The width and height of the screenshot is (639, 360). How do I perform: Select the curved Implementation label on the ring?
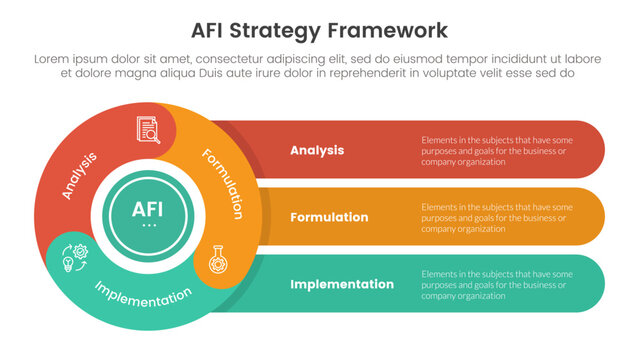pyautogui.click(x=142, y=296)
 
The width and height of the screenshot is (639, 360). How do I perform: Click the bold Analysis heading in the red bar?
pyautogui.click(x=317, y=150)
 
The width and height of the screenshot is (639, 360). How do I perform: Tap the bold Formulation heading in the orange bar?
pyautogui.click(x=329, y=217)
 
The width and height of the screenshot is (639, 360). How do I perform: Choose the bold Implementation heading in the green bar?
pyautogui.click(x=341, y=284)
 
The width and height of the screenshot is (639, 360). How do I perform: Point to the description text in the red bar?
pyautogui.click(x=496, y=150)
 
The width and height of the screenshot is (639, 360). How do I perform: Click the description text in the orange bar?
pyautogui.click(x=496, y=217)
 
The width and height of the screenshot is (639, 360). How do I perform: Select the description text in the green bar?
pyautogui.click(x=496, y=284)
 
